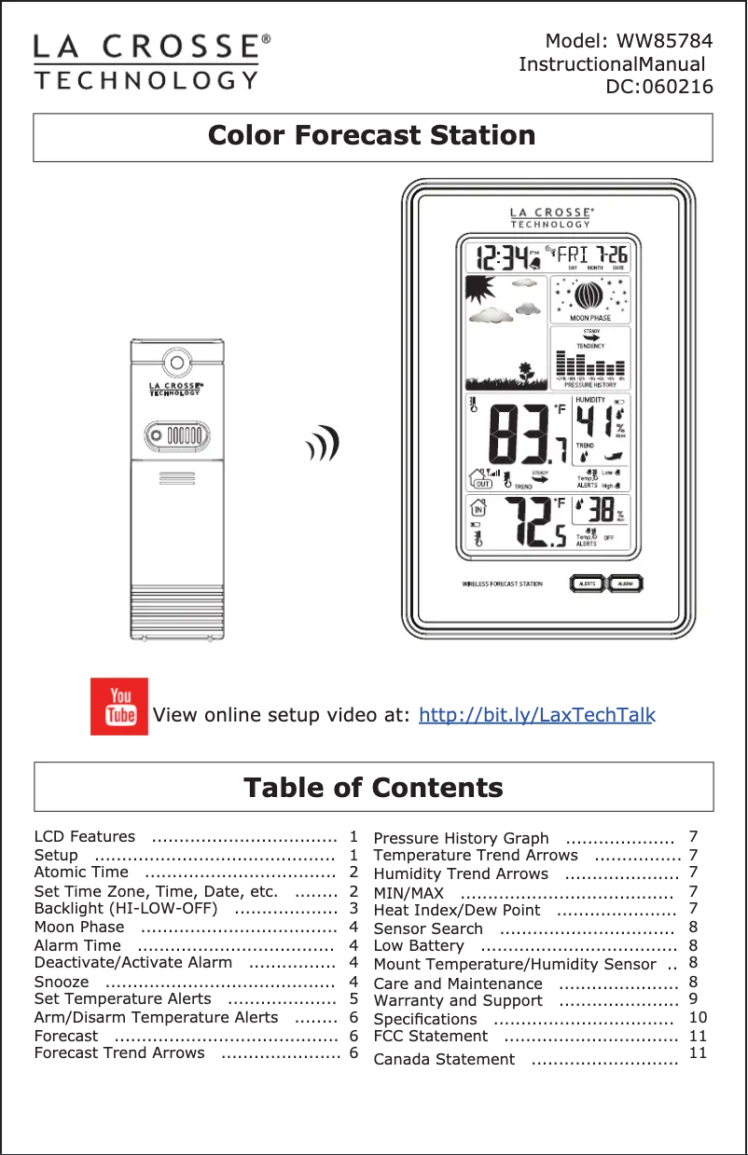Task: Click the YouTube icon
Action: coord(119,706)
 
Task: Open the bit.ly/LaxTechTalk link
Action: coord(537,716)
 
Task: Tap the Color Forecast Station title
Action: coord(372,136)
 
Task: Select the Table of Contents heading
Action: coord(373,788)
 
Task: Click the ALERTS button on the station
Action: coord(587,584)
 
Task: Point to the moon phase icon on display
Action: coord(589,297)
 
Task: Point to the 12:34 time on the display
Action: coord(502,255)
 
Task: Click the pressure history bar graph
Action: coord(589,364)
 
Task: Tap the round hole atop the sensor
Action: coord(174,362)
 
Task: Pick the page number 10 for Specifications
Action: coord(698,1017)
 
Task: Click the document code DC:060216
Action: coord(659,88)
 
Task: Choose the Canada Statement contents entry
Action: coord(444,1059)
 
